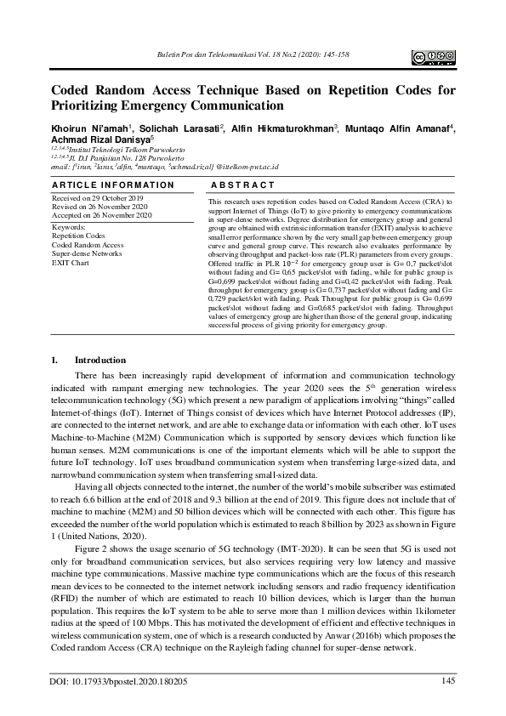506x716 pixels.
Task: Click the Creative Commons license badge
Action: [434, 57]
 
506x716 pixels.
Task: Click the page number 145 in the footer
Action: [448, 679]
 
